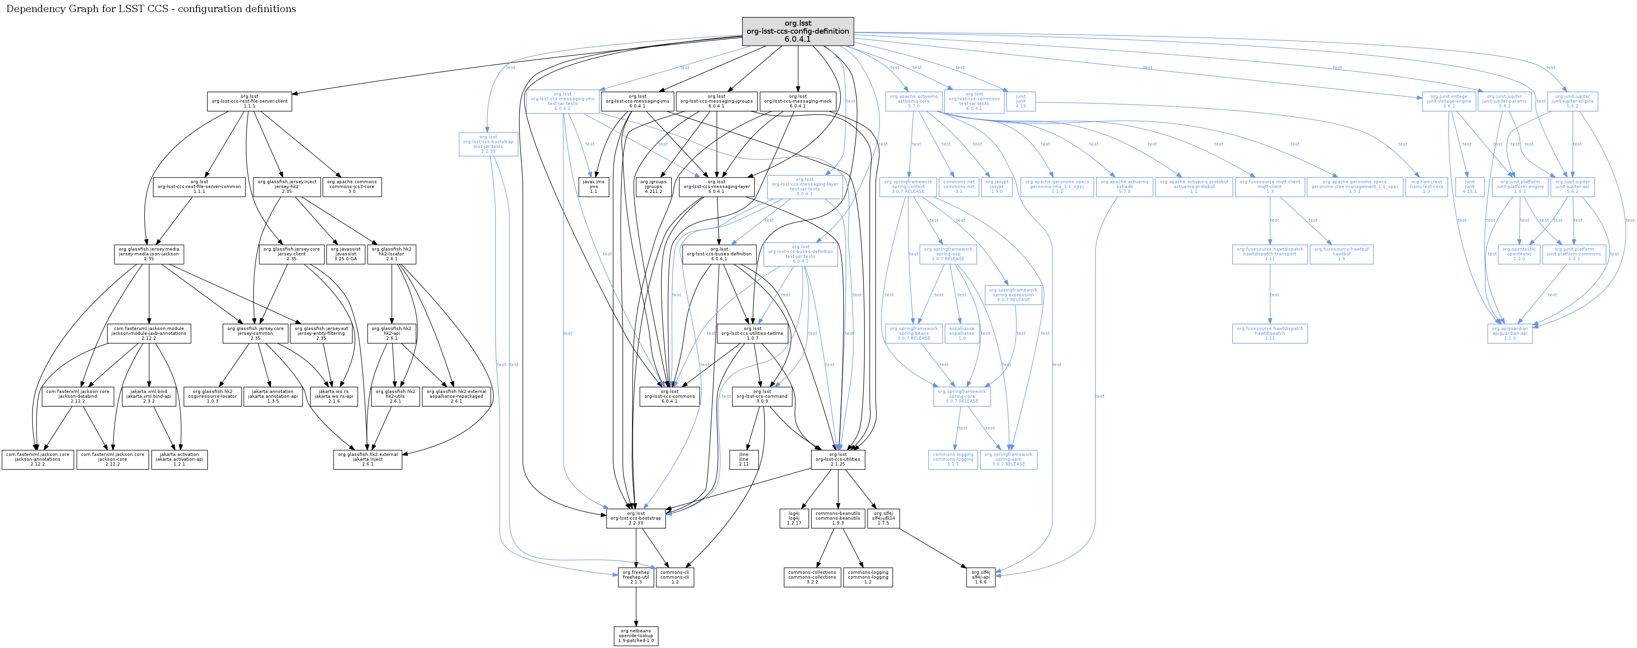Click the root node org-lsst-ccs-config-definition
click(x=797, y=31)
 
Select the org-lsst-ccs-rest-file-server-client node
click(x=249, y=101)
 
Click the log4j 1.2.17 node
click(x=794, y=518)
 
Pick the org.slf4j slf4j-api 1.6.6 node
click(x=981, y=577)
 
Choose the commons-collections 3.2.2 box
click(x=812, y=577)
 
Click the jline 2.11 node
click(x=743, y=459)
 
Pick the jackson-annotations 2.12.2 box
click(x=38, y=459)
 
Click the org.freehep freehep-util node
click(x=635, y=577)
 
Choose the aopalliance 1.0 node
click(x=961, y=333)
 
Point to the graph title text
click(x=151, y=9)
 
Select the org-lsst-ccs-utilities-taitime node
click(x=753, y=333)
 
